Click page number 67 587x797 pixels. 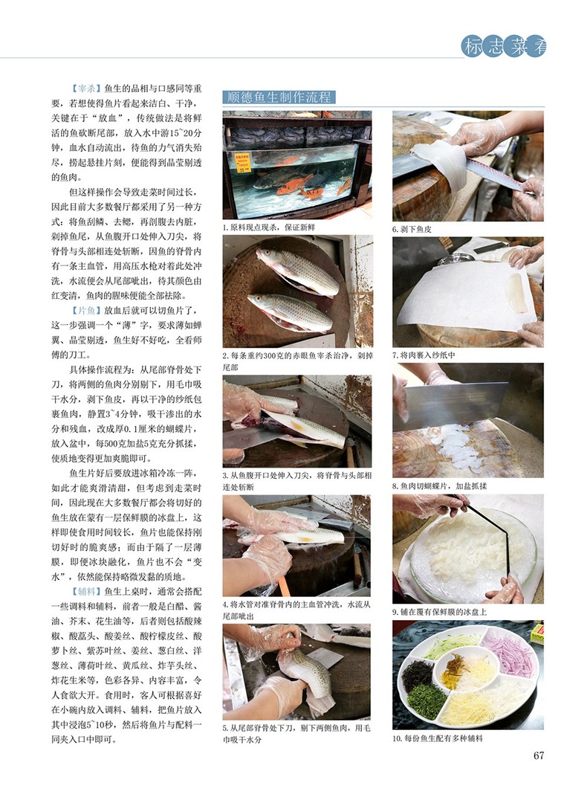point(538,755)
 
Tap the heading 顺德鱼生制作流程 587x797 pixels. point(279,97)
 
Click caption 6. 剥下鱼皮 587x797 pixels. point(412,229)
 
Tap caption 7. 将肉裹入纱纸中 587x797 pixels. point(424,355)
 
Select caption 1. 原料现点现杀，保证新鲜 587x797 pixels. point(269,228)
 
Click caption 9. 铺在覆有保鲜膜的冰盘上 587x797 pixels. point(439,612)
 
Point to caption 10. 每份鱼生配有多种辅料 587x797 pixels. point(437,738)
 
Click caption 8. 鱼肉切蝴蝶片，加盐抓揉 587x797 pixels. point(439,486)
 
